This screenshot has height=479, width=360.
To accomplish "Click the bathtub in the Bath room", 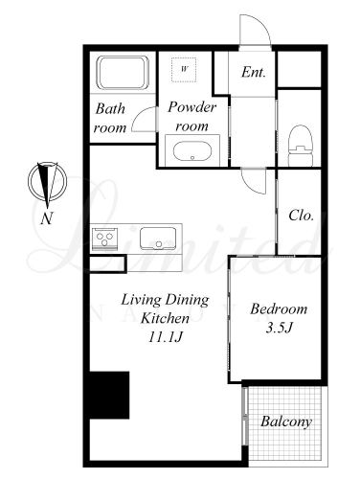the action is click(123, 73).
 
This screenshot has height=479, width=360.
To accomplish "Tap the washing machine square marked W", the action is click(184, 69).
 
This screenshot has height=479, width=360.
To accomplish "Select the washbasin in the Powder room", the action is click(192, 151).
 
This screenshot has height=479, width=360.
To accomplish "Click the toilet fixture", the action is click(300, 146).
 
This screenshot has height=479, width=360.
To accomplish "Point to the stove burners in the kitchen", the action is click(105, 239).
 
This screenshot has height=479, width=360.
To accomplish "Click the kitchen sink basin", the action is click(158, 239).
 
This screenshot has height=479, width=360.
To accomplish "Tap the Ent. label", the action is click(254, 72).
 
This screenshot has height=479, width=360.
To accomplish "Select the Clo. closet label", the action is click(301, 216).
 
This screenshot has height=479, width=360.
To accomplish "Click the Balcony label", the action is click(286, 422).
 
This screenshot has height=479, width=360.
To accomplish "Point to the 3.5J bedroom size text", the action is click(280, 328).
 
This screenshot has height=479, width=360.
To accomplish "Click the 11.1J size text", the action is click(165, 337).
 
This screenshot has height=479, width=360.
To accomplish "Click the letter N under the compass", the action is click(47, 218).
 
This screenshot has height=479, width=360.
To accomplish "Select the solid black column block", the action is click(109, 395).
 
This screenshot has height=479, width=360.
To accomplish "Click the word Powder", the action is click(192, 107).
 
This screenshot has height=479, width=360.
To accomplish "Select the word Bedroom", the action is click(279, 308).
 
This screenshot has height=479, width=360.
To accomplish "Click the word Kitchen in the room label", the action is click(165, 318).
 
